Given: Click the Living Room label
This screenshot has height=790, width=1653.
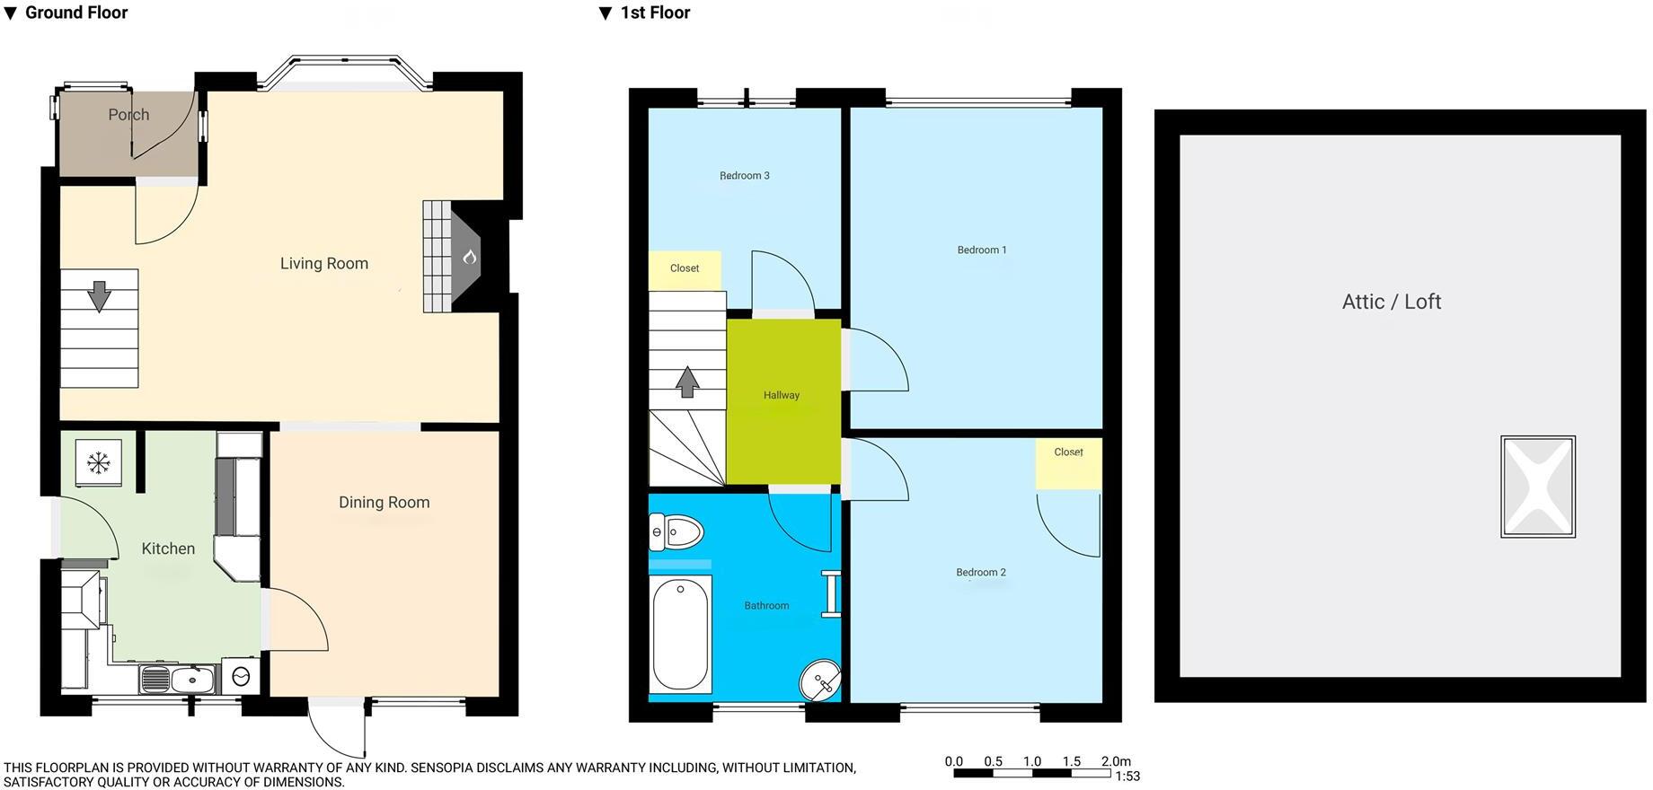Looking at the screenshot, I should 323,263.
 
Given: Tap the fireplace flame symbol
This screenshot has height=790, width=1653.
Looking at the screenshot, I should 469,258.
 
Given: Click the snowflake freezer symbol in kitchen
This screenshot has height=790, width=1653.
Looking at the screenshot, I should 98,463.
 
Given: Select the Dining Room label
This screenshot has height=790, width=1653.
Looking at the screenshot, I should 384,502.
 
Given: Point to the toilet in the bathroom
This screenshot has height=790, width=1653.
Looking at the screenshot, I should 676,532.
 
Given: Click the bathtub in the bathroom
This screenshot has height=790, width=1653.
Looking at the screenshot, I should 680,634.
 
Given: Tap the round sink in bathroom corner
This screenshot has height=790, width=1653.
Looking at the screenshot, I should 820,680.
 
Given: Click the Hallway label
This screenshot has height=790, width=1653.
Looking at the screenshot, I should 781,395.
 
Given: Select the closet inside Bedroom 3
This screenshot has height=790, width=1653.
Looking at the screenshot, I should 685,269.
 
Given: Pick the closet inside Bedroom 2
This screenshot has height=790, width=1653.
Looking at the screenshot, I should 1068,462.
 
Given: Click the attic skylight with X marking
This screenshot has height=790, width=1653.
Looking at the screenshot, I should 1537,487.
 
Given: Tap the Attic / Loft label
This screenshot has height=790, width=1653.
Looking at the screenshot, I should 1391,302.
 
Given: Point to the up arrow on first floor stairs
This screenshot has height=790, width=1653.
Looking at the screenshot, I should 687,382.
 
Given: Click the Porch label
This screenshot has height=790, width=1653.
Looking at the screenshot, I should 128,115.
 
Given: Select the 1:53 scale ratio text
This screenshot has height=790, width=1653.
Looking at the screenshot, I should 1127,777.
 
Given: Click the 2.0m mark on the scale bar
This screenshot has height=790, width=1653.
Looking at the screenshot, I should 1115,761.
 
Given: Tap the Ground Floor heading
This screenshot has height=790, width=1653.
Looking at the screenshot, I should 75,13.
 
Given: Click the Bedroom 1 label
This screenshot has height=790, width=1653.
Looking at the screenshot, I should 981,250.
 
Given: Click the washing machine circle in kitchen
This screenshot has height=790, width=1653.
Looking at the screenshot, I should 241,678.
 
